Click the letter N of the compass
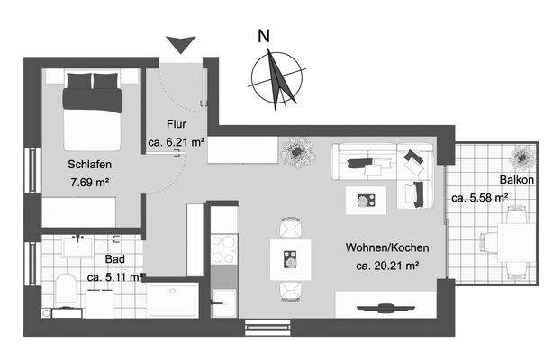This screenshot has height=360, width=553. click(x=264, y=37)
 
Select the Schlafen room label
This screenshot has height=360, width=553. click(x=89, y=165)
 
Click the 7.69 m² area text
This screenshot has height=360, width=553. click(x=89, y=182)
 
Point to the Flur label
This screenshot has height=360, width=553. click(x=176, y=125)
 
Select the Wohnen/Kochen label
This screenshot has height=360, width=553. click(x=386, y=247)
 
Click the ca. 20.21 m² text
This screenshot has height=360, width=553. click(x=388, y=265)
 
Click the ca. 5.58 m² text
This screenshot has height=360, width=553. click(x=479, y=197)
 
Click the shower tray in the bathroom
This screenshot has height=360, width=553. click(x=173, y=301)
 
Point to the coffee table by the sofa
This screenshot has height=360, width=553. click(x=366, y=199)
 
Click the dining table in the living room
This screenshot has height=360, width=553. click(x=290, y=261)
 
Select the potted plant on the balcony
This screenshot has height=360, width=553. click(x=521, y=157)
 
